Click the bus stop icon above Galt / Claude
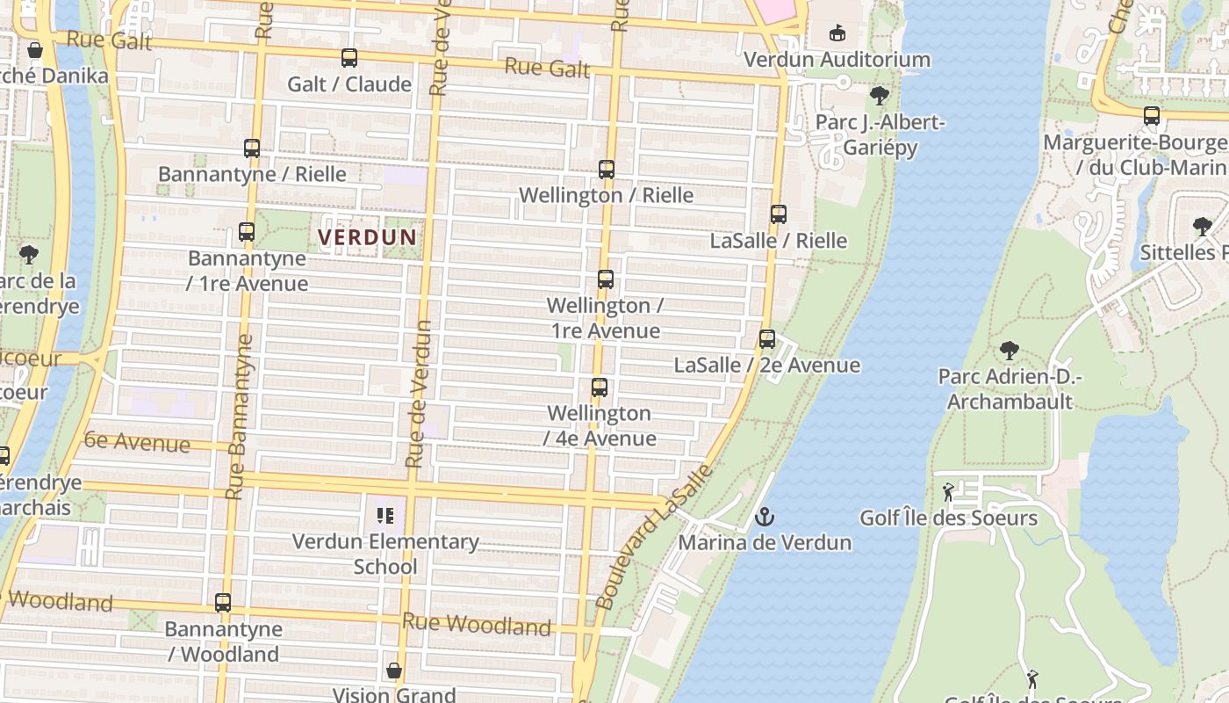349,58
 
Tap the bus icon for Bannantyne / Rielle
252,149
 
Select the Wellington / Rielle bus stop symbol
607,170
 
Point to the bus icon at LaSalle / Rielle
779,214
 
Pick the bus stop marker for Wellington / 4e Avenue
600,388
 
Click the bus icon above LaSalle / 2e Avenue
767,339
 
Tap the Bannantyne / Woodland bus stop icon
223,603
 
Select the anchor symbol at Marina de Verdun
765,516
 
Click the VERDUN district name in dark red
367,237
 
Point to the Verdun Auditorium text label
837,60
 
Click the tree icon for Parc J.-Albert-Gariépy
879,96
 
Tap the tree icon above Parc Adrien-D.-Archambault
1010,351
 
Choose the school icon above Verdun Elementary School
385,516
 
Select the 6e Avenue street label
137,442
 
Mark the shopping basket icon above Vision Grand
394,670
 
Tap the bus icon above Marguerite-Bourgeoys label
1152,116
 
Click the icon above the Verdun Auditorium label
837,33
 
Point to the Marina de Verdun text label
764,542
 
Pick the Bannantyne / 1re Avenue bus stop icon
247,233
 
